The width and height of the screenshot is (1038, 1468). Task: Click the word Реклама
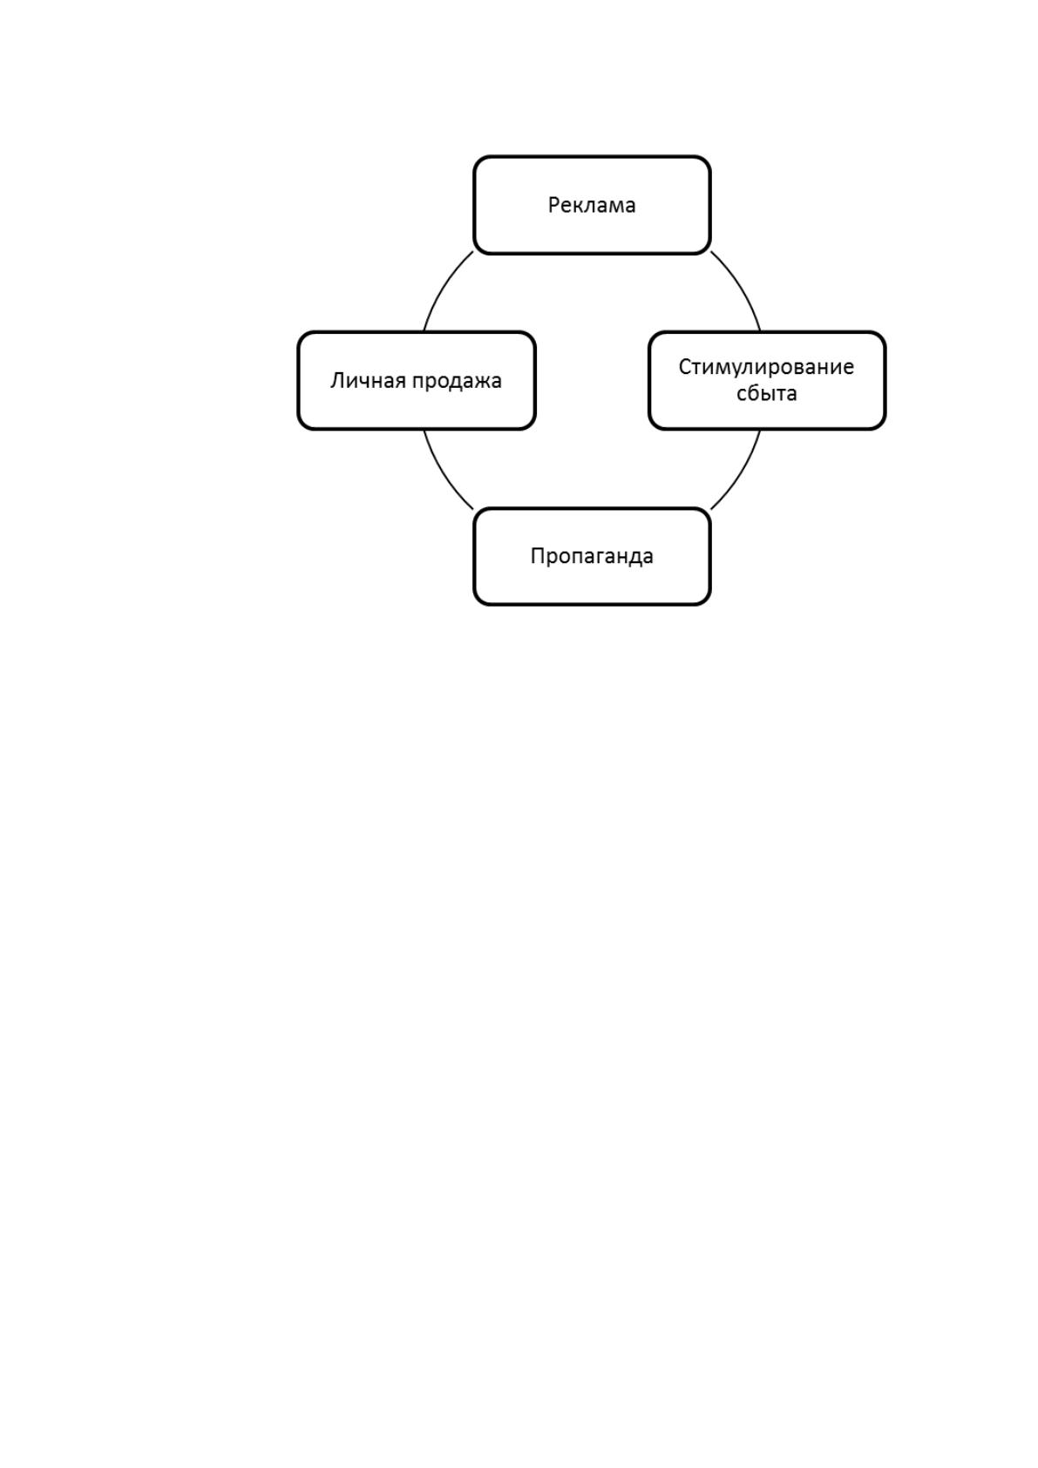(591, 205)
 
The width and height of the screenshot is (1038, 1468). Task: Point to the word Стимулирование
(766, 367)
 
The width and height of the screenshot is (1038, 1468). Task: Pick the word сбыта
(766, 393)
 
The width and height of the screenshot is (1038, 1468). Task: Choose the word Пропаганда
(591, 556)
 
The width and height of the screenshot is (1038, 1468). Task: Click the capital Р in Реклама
(553, 205)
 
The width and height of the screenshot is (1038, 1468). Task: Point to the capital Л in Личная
(336, 380)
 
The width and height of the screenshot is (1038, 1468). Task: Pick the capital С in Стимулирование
(685, 366)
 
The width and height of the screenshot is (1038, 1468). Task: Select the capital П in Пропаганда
(538, 556)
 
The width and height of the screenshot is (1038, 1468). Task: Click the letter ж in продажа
(479, 382)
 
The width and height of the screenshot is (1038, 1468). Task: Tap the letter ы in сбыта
(768, 395)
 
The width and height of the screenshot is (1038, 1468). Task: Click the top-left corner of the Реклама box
(474, 156)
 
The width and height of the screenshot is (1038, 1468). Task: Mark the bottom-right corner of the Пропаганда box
(710, 605)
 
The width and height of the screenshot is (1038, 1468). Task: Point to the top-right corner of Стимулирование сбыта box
(886, 331)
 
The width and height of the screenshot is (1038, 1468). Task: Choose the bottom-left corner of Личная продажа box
(297, 430)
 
